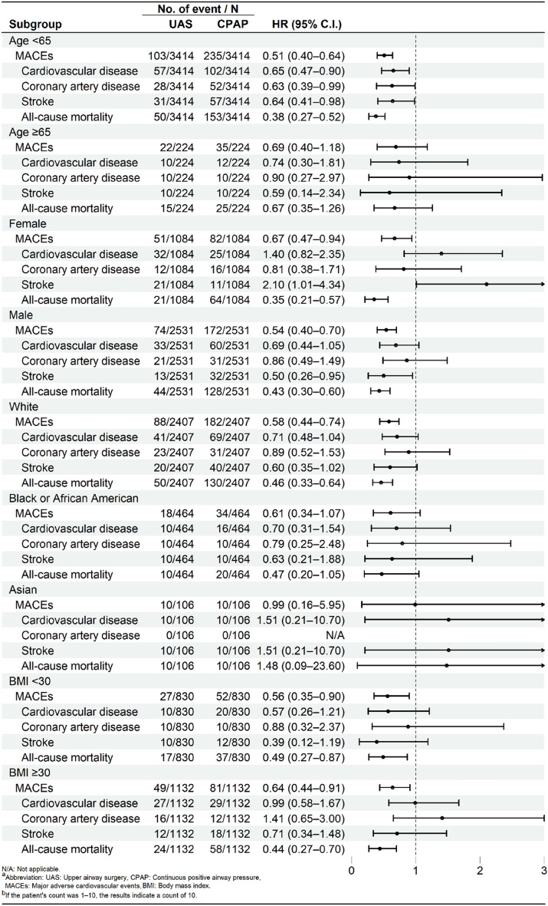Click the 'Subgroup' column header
point(35,25)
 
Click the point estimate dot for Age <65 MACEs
point(384,56)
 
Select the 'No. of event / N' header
point(199,9)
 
